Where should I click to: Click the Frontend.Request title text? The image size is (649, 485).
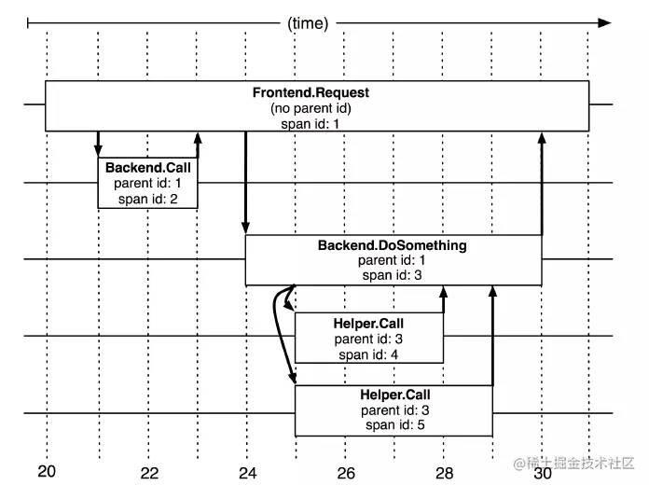311,92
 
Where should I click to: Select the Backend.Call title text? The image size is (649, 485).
147,167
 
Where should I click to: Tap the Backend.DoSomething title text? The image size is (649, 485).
392,245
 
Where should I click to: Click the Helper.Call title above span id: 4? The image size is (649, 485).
368,324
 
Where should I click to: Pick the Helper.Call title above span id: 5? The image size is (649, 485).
394,395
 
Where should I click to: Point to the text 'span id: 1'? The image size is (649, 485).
310,124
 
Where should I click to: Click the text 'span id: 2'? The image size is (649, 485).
147,199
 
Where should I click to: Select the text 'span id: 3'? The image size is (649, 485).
392,275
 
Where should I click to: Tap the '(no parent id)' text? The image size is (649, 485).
311,108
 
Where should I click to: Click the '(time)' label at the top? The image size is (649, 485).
308,23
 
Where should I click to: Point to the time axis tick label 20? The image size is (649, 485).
47,471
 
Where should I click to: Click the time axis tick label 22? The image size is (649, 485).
149,473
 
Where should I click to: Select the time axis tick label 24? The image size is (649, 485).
248,473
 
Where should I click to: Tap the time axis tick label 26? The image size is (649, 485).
346,473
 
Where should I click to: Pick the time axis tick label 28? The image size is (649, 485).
445,473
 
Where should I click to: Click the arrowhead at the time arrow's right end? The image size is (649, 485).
605,23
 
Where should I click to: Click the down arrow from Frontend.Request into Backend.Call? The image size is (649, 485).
98,145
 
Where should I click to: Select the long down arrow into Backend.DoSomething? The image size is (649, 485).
246,183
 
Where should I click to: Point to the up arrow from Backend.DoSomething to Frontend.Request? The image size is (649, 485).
542,184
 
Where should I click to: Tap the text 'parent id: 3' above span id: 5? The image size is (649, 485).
394,410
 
